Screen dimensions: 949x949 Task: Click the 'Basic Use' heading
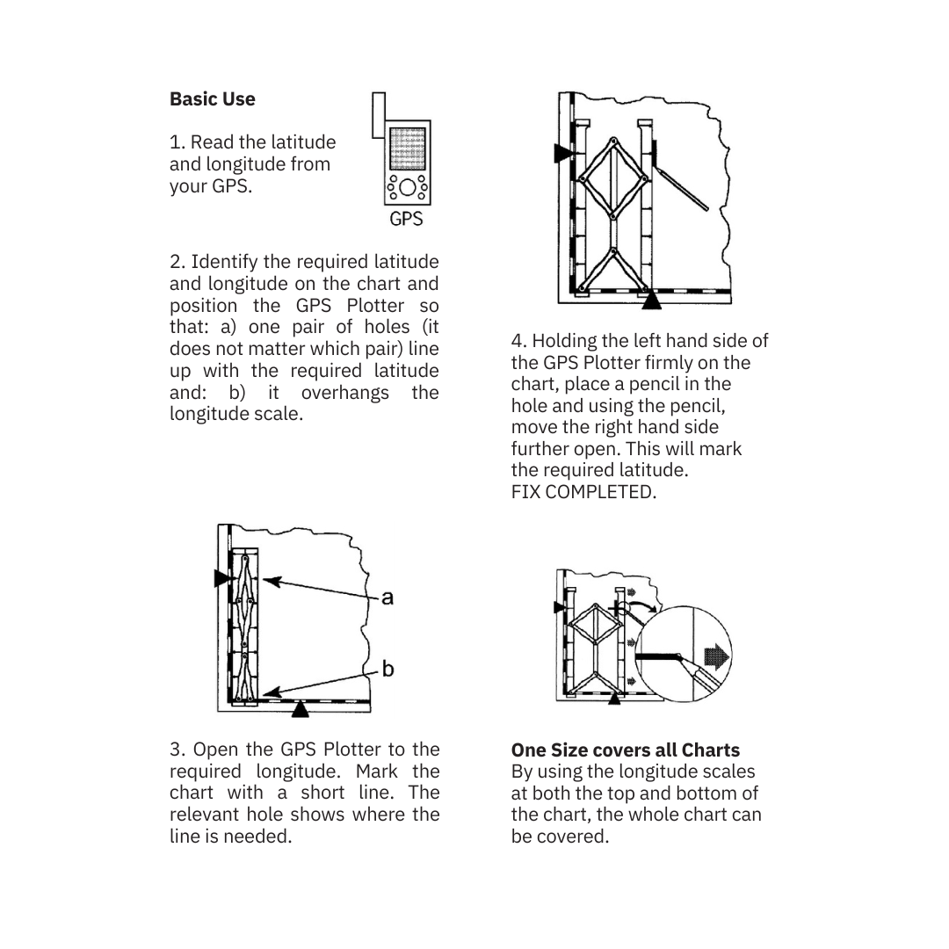(x=212, y=99)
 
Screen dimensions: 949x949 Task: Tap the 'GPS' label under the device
(x=406, y=219)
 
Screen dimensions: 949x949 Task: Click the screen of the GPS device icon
(x=407, y=148)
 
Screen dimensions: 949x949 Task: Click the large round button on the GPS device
(x=408, y=188)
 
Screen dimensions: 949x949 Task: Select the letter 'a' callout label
(x=388, y=598)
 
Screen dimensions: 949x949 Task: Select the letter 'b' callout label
(x=388, y=670)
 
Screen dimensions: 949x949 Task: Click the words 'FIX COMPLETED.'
(x=583, y=492)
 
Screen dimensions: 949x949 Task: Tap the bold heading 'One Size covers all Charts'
(x=625, y=750)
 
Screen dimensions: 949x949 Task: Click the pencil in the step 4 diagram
(x=684, y=190)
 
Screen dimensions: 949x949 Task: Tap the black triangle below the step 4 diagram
(x=651, y=301)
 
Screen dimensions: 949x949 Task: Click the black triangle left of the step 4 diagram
(x=563, y=154)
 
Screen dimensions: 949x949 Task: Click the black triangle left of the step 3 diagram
(x=221, y=578)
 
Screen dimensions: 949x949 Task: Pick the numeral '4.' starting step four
(x=518, y=341)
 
